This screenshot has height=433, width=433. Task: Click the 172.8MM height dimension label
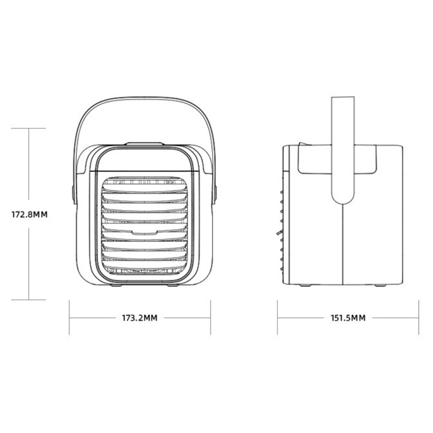[x=30, y=215]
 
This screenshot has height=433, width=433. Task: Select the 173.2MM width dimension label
[x=140, y=318]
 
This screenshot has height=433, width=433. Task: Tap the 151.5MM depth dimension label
[x=348, y=318]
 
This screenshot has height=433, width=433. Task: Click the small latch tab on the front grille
[x=144, y=233]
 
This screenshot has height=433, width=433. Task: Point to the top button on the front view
[x=144, y=144]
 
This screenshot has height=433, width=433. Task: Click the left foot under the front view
[x=116, y=285]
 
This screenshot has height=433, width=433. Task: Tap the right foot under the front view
[x=172, y=285]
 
